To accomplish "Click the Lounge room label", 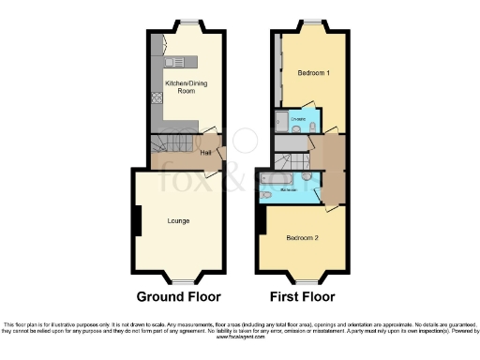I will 178,221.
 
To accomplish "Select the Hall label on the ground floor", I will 205,152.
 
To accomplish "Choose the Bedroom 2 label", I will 303,238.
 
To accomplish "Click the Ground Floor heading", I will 179,297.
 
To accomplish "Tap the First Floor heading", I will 302,297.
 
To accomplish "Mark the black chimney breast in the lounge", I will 137,221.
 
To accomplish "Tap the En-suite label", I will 298,119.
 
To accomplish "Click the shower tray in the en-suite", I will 281,120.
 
